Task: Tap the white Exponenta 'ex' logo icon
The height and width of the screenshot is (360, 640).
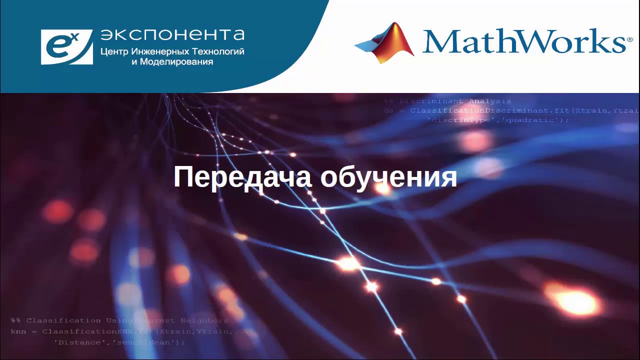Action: [x=66, y=47]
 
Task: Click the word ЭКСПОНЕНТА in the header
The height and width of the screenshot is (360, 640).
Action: [x=172, y=34]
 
